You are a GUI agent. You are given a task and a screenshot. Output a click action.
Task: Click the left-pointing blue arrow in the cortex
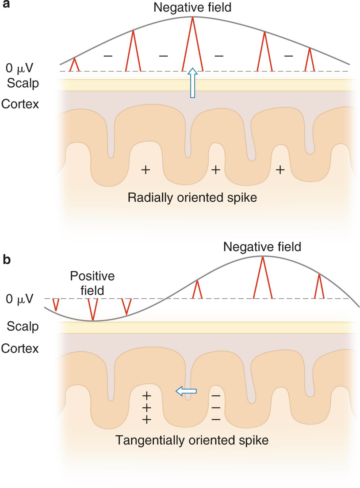(x=186, y=390)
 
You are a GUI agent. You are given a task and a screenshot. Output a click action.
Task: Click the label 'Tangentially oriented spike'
(x=192, y=440)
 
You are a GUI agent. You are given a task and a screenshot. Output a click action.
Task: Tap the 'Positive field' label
(x=92, y=284)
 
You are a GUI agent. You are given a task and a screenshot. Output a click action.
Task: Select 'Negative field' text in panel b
(x=262, y=246)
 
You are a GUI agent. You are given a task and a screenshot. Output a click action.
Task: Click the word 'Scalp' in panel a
(x=15, y=83)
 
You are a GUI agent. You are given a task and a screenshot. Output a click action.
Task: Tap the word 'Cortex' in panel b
(x=19, y=348)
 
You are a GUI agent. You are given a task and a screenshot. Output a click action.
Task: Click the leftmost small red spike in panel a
(x=75, y=65)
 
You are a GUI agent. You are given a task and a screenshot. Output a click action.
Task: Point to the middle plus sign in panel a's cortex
(x=215, y=169)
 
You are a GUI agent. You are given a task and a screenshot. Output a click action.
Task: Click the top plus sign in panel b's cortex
(x=146, y=395)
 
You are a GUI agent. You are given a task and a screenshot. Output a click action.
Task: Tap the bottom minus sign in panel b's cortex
(x=216, y=419)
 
